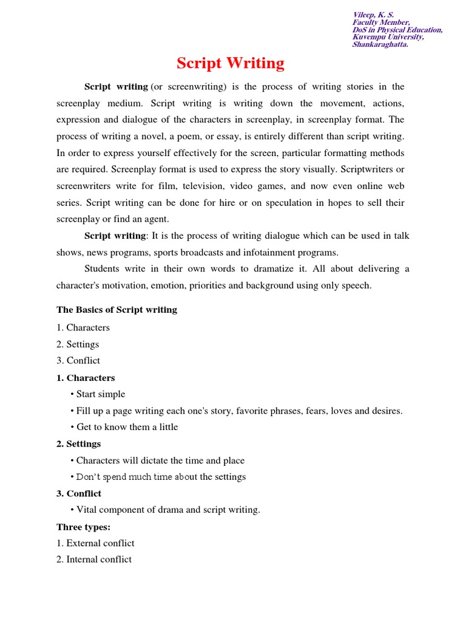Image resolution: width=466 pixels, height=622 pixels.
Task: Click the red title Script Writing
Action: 230,63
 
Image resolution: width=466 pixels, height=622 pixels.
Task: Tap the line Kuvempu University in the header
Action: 388,37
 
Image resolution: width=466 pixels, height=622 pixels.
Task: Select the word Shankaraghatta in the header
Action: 380,44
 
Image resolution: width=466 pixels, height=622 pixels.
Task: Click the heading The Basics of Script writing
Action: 116,310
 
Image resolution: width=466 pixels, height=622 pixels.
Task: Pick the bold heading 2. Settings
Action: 78,444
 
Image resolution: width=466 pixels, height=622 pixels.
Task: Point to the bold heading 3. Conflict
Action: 79,493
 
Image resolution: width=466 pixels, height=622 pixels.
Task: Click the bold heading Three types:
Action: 83,527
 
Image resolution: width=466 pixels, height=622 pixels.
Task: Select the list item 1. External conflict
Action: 95,543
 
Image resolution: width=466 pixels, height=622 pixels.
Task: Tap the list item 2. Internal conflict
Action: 94,559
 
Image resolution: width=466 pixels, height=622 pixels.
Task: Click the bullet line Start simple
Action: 100,394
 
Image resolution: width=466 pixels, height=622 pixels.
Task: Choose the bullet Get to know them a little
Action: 127,427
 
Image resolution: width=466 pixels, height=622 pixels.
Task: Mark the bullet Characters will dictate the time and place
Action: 160,460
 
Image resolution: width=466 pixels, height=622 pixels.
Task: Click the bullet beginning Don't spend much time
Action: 161,477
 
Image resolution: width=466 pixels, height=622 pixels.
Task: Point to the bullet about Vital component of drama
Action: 167,510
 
